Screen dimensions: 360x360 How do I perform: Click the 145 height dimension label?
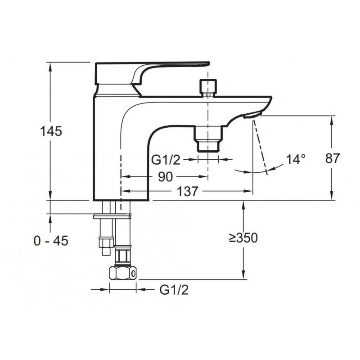click(x=51, y=131)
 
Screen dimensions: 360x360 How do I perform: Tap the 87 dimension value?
click(x=332, y=158)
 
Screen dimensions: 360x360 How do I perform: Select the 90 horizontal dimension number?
click(x=165, y=177)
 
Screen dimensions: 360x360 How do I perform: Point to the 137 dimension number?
click(x=187, y=191)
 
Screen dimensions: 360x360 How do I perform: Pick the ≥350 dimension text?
click(x=243, y=238)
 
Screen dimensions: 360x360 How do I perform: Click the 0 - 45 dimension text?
click(x=51, y=241)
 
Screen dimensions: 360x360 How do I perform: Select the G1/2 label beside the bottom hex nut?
click(x=174, y=290)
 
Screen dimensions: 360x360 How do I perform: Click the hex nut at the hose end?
click(x=122, y=273)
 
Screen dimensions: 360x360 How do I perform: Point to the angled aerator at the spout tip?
click(x=252, y=114)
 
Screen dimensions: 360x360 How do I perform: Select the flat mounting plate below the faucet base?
click(x=112, y=216)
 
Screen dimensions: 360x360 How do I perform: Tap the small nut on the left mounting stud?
click(x=106, y=243)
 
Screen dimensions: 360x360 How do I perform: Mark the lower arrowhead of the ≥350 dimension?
click(x=243, y=275)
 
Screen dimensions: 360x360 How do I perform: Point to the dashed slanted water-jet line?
click(x=261, y=148)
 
